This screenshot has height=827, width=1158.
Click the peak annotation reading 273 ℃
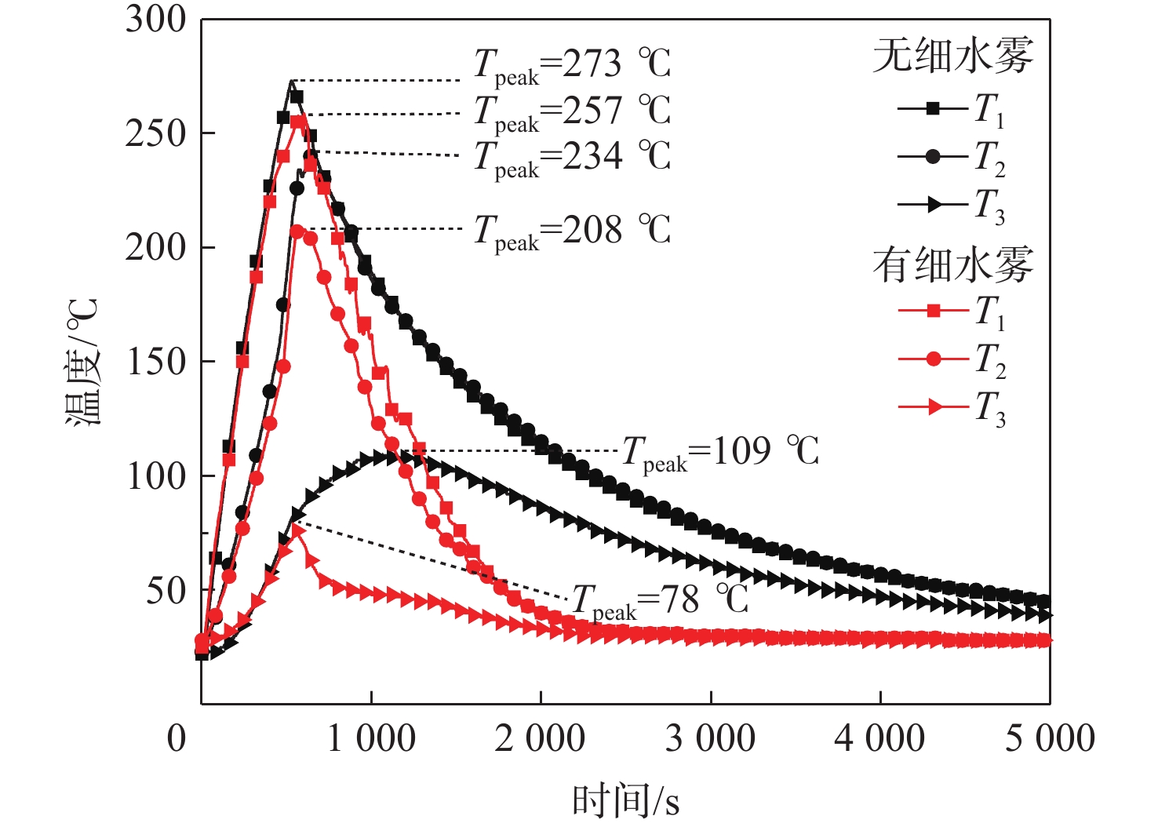tap(572, 64)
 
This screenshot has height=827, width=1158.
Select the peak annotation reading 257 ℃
tap(572, 111)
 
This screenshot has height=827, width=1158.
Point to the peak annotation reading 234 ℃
tap(572, 157)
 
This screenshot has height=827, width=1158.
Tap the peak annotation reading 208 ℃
tap(572, 231)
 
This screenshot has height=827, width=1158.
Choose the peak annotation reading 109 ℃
tap(720, 453)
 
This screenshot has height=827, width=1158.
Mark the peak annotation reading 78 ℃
tap(660, 602)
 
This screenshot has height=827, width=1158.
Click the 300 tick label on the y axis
tap(155, 20)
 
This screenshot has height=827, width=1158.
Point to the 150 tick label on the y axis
tap(155, 362)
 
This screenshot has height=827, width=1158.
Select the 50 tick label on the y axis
tap(166, 590)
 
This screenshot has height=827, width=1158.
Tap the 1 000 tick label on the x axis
tap(371, 739)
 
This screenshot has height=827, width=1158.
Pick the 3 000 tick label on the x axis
tap(710, 739)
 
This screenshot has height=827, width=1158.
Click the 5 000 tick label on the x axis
tap(1050, 739)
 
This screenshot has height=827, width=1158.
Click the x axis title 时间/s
tap(625, 801)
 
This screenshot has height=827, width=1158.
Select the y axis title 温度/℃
tap(83, 362)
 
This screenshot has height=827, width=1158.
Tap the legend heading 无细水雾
tap(953, 56)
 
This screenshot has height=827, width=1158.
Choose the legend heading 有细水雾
tap(953, 265)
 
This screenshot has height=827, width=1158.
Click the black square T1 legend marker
tap(933, 108)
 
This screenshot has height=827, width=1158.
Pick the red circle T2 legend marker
tap(933, 359)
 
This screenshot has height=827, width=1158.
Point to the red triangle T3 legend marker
tap(934, 407)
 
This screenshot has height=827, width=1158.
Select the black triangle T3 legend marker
tap(934, 205)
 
